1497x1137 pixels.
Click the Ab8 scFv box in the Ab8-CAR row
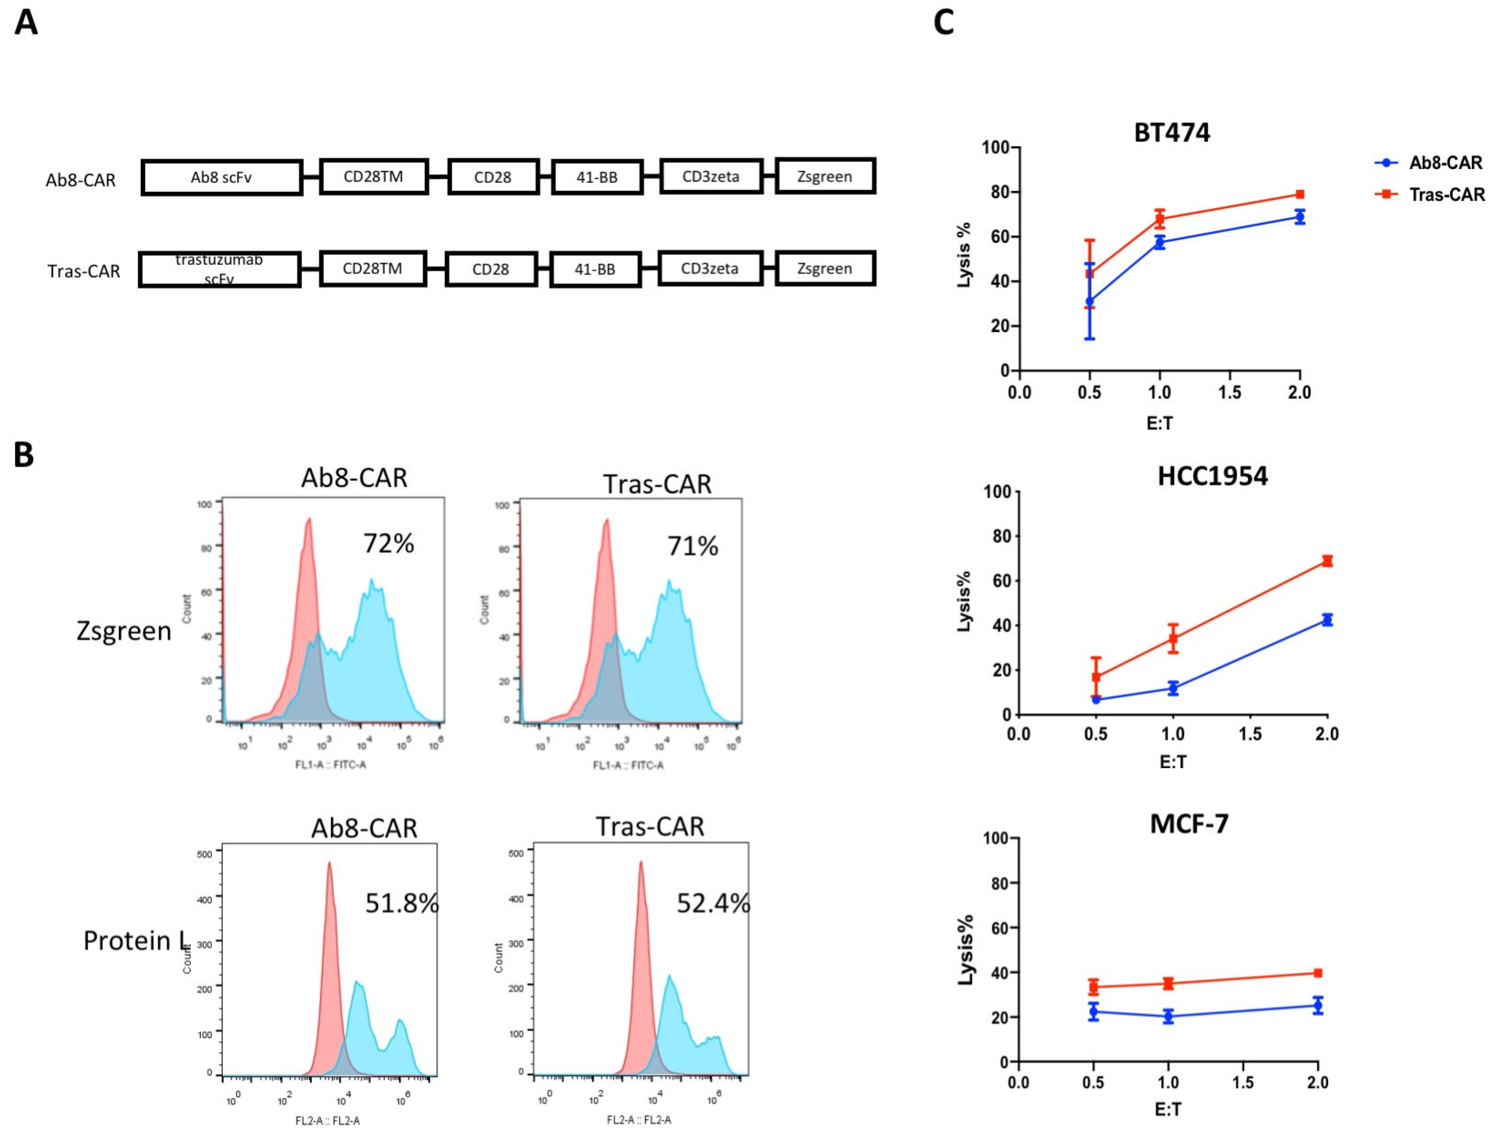221,177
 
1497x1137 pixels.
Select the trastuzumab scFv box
219,269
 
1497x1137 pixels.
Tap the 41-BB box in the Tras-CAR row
595,269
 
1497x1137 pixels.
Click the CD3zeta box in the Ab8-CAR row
711,177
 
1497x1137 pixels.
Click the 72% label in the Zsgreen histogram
389,543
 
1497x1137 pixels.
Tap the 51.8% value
402,903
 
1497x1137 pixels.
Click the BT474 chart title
1172,133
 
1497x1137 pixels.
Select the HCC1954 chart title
1212,476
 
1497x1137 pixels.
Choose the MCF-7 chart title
1189,823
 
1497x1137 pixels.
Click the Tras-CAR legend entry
1446,195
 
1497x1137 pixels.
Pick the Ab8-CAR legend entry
1445,163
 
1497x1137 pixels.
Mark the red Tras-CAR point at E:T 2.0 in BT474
1299,194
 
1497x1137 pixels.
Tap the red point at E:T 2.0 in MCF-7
1317,973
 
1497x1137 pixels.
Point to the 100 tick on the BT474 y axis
996,148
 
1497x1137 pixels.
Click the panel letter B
24,455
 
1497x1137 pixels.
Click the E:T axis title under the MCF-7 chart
1167,1109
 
